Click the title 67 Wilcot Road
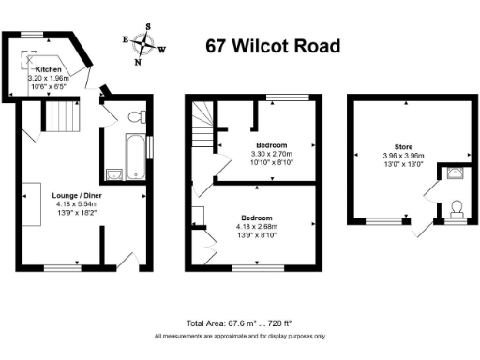273,46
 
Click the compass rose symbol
144,43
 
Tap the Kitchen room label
49,70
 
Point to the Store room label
403,146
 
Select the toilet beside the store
457,206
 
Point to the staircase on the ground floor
66,119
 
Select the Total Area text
240,323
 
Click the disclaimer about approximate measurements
240,336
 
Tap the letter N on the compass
138,64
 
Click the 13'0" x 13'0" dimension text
403,163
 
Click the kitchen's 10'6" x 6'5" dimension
49,87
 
